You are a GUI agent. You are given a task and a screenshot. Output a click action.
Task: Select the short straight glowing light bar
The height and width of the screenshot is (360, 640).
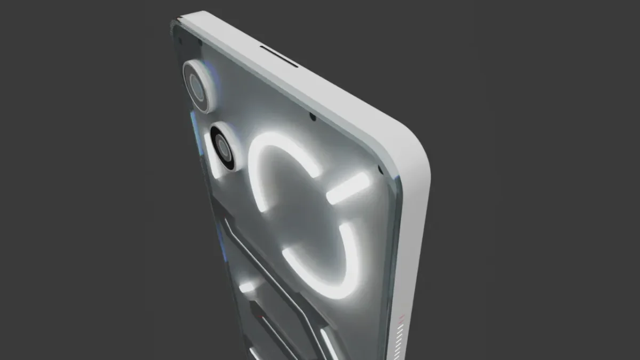pos(348,188)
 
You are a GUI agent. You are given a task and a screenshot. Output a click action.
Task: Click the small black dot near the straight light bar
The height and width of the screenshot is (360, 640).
pos(380,170)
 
